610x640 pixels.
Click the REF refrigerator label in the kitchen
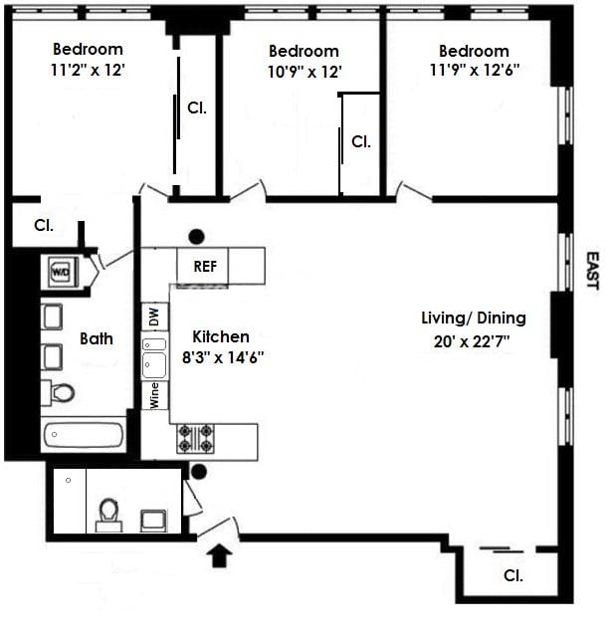click(x=203, y=267)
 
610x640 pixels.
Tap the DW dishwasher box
click(x=154, y=319)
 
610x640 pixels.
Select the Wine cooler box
click(x=154, y=395)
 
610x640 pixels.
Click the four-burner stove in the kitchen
click(x=195, y=439)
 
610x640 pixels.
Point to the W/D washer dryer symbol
click(x=60, y=270)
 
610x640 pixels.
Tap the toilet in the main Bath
click(x=61, y=392)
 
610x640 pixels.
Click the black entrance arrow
click(x=220, y=552)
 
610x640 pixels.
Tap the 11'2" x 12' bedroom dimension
click(x=88, y=71)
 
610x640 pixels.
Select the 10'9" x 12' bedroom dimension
click(x=304, y=73)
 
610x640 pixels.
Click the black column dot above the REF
click(x=197, y=236)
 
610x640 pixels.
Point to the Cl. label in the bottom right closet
click(x=513, y=575)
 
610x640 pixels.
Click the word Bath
click(x=97, y=338)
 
